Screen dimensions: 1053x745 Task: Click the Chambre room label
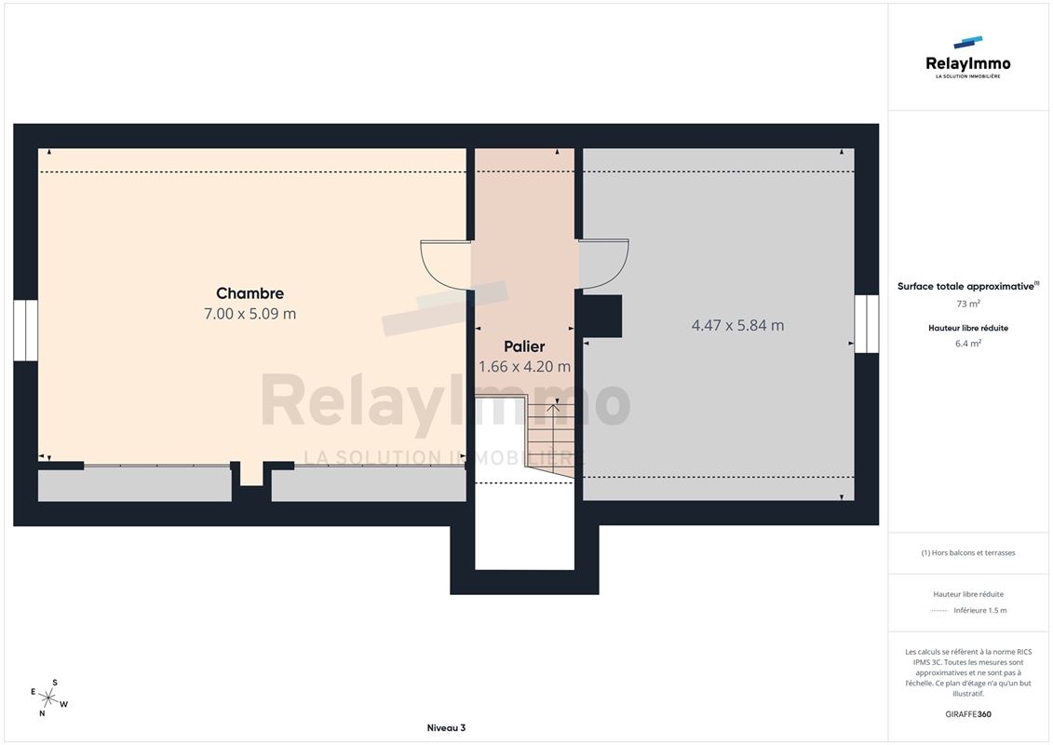click(x=250, y=293)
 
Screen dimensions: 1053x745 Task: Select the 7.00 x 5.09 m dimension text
click(x=250, y=314)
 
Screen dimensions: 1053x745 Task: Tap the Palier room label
click(x=524, y=346)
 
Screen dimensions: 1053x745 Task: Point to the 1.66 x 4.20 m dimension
click(x=524, y=367)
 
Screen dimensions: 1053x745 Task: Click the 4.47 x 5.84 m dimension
click(x=738, y=325)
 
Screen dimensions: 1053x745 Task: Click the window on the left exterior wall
click(x=25, y=331)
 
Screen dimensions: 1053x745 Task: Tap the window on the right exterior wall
click(x=866, y=324)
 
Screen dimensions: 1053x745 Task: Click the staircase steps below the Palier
click(x=550, y=437)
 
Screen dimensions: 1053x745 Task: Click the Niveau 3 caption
click(x=446, y=727)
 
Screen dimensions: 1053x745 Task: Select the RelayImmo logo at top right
click(x=967, y=58)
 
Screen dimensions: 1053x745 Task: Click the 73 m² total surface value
click(x=967, y=304)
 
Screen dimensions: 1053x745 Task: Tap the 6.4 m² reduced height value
click(x=967, y=344)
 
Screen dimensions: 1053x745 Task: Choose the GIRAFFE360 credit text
click(x=967, y=714)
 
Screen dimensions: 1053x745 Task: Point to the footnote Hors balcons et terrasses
click(x=967, y=553)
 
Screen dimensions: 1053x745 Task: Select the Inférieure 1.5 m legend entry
click(x=979, y=611)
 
